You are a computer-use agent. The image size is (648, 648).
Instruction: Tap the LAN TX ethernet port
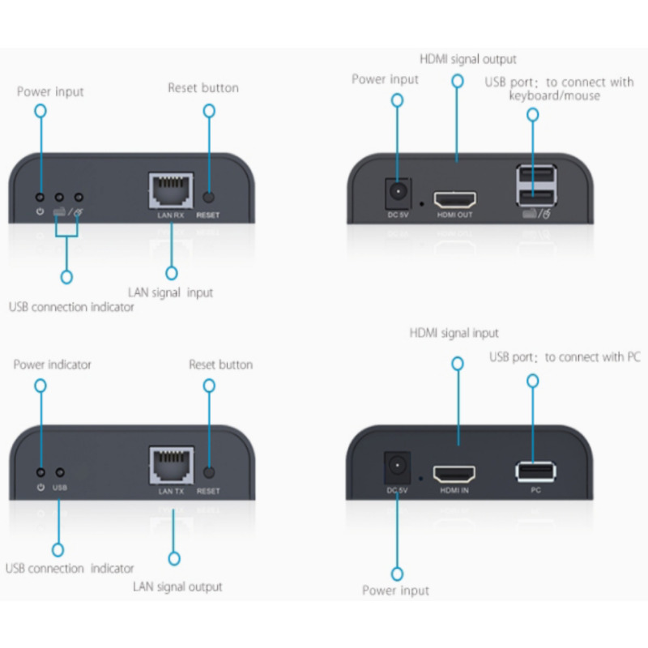(x=171, y=467)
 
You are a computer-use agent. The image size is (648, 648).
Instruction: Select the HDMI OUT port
(x=455, y=198)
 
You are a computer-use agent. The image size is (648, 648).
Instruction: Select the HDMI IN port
(x=454, y=474)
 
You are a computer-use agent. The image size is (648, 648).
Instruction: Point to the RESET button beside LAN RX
(x=209, y=197)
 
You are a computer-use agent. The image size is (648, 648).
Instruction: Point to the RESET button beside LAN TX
(x=209, y=472)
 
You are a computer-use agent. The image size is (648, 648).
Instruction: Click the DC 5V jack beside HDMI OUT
(x=397, y=192)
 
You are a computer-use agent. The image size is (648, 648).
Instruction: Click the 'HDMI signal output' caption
(x=467, y=59)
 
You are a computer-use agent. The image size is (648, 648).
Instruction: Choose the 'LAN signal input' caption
(x=170, y=292)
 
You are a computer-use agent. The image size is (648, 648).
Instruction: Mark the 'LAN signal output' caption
(x=177, y=586)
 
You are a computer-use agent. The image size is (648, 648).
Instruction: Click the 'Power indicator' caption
(x=53, y=364)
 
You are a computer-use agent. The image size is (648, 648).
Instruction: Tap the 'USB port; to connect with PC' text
(x=565, y=357)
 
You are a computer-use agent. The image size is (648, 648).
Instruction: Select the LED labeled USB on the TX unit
(x=59, y=472)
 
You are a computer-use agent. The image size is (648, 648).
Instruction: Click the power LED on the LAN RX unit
(x=40, y=196)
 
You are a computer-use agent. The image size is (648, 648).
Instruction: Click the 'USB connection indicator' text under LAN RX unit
(x=71, y=307)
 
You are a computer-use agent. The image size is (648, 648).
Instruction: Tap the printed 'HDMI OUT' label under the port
(x=454, y=215)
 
